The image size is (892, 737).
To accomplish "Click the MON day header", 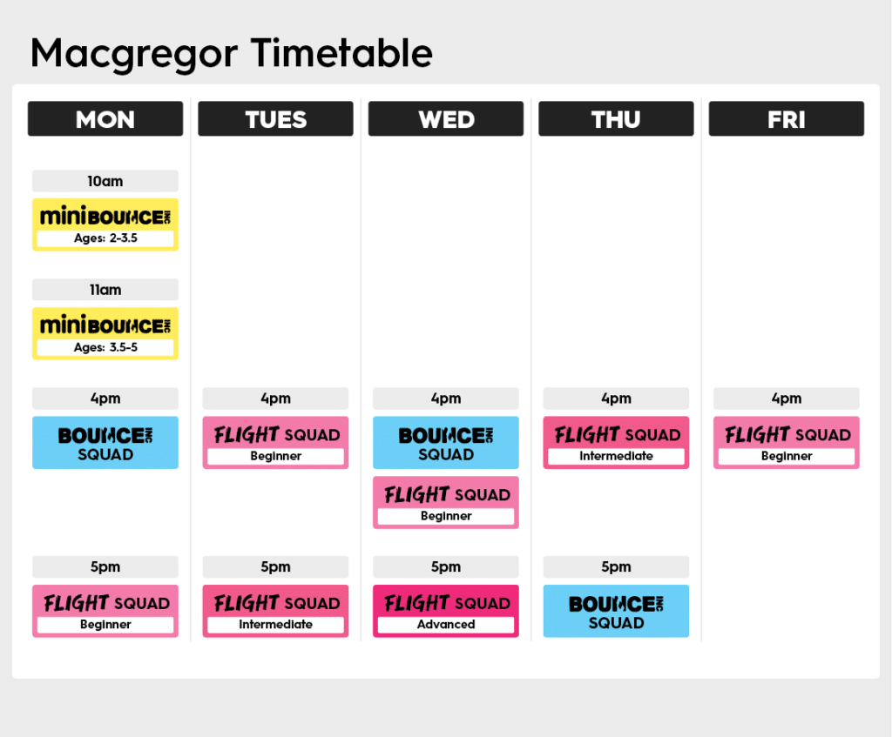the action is click(105, 118).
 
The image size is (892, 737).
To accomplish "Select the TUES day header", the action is click(275, 118).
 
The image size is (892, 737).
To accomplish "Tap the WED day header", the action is click(445, 118).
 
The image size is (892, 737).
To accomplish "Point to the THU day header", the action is click(616, 118).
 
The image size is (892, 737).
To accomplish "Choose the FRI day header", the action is click(787, 118).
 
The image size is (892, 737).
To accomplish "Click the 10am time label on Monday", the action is click(105, 181).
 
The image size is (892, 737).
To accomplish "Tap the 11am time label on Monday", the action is click(105, 290).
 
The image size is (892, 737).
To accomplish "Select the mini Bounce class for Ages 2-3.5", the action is click(105, 224).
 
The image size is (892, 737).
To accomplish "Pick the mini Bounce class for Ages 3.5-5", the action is click(105, 333).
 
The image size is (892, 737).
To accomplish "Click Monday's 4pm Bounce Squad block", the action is click(105, 443).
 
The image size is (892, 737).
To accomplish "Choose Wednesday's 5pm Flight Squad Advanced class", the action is click(446, 611).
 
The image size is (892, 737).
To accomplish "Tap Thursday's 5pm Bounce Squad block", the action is click(616, 611).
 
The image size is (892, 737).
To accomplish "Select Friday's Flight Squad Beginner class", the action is click(787, 443).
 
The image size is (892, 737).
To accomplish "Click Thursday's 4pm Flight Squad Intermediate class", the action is click(616, 443).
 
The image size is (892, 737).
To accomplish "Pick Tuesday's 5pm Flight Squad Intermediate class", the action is click(275, 611).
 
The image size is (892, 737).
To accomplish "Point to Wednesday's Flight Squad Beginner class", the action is click(446, 502).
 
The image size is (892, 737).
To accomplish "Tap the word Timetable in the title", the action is click(341, 53).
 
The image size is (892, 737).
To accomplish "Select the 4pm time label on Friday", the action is click(787, 399).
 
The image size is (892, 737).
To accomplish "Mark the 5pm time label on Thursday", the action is click(616, 566).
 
